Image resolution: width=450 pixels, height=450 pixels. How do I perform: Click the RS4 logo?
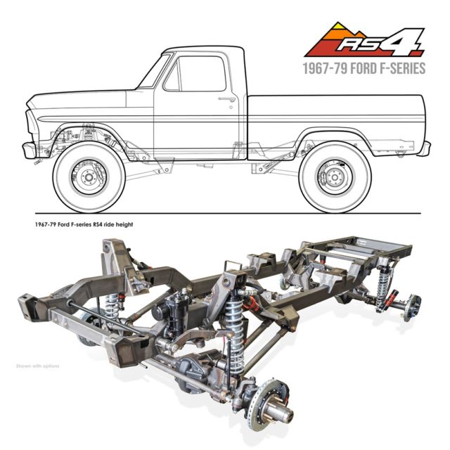[x=364, y=39]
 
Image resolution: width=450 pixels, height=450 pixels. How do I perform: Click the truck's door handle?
[x=226, y=99]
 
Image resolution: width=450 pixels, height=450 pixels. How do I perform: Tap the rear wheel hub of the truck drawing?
[x=335, y=176]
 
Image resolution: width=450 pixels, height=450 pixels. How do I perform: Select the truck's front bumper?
[x=29, y=150]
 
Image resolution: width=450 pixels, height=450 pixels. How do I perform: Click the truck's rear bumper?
[x=425, y=148]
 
